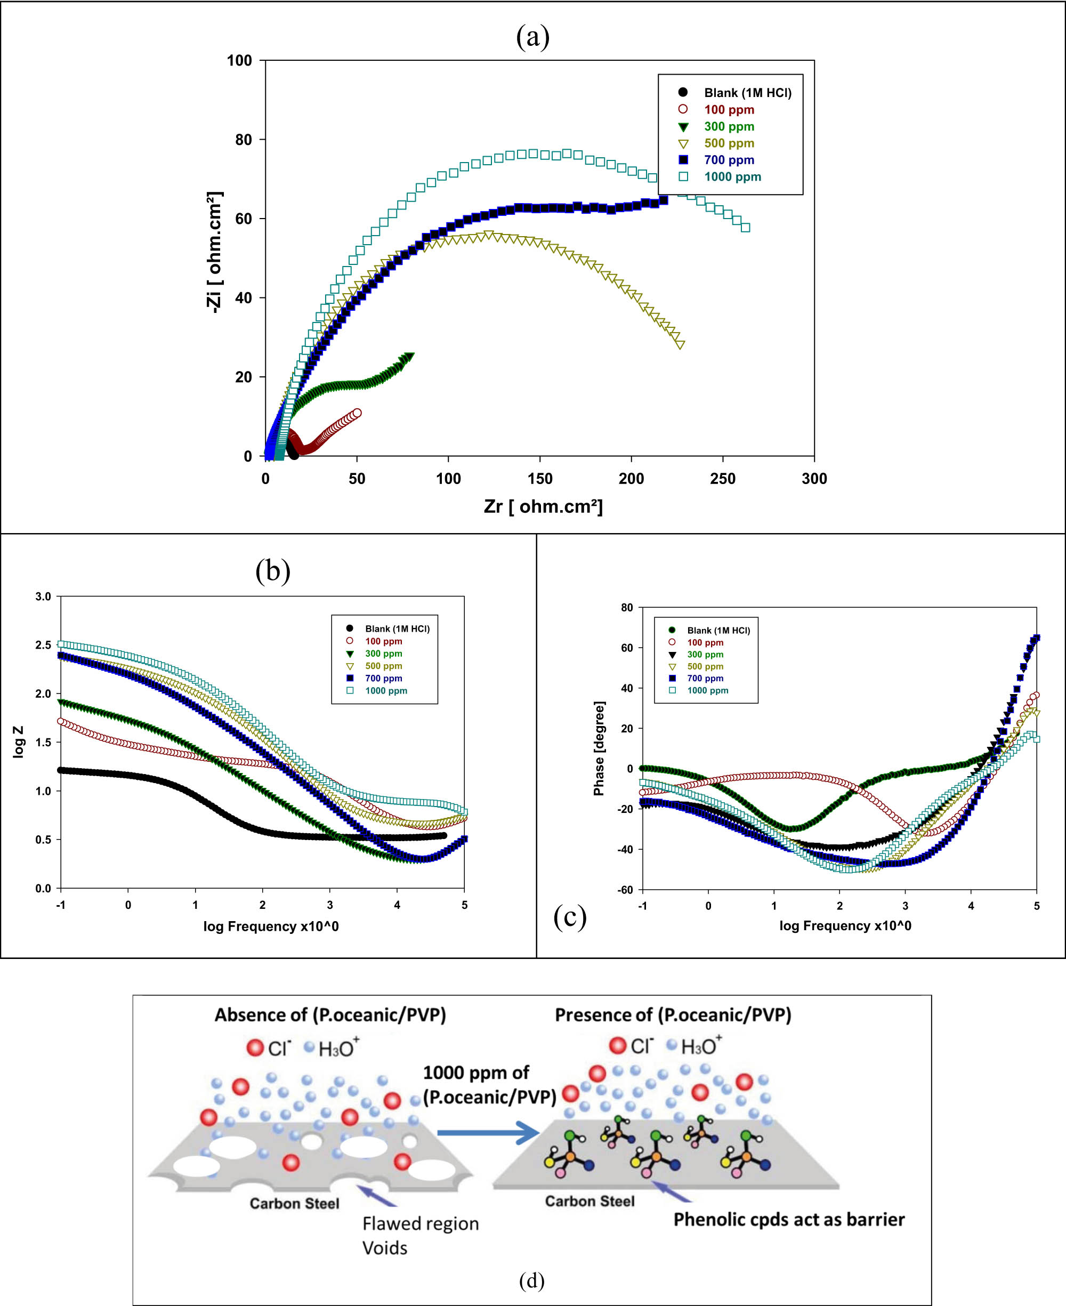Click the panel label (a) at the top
[532, 37]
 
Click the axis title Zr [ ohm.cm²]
[544, 506]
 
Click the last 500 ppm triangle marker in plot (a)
[680, 344]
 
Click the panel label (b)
[273, 570]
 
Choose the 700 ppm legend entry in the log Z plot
[383, 678]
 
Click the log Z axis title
[19, 741]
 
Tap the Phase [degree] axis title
[599, 748]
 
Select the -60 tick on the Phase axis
[625, 890]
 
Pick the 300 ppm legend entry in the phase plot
[705, 655]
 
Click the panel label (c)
[570, 917]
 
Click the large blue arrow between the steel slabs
[488, 1133]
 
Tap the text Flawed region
[420, 1224]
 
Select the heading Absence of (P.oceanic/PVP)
[330, 1015]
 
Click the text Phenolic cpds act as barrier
[789, 1220]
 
